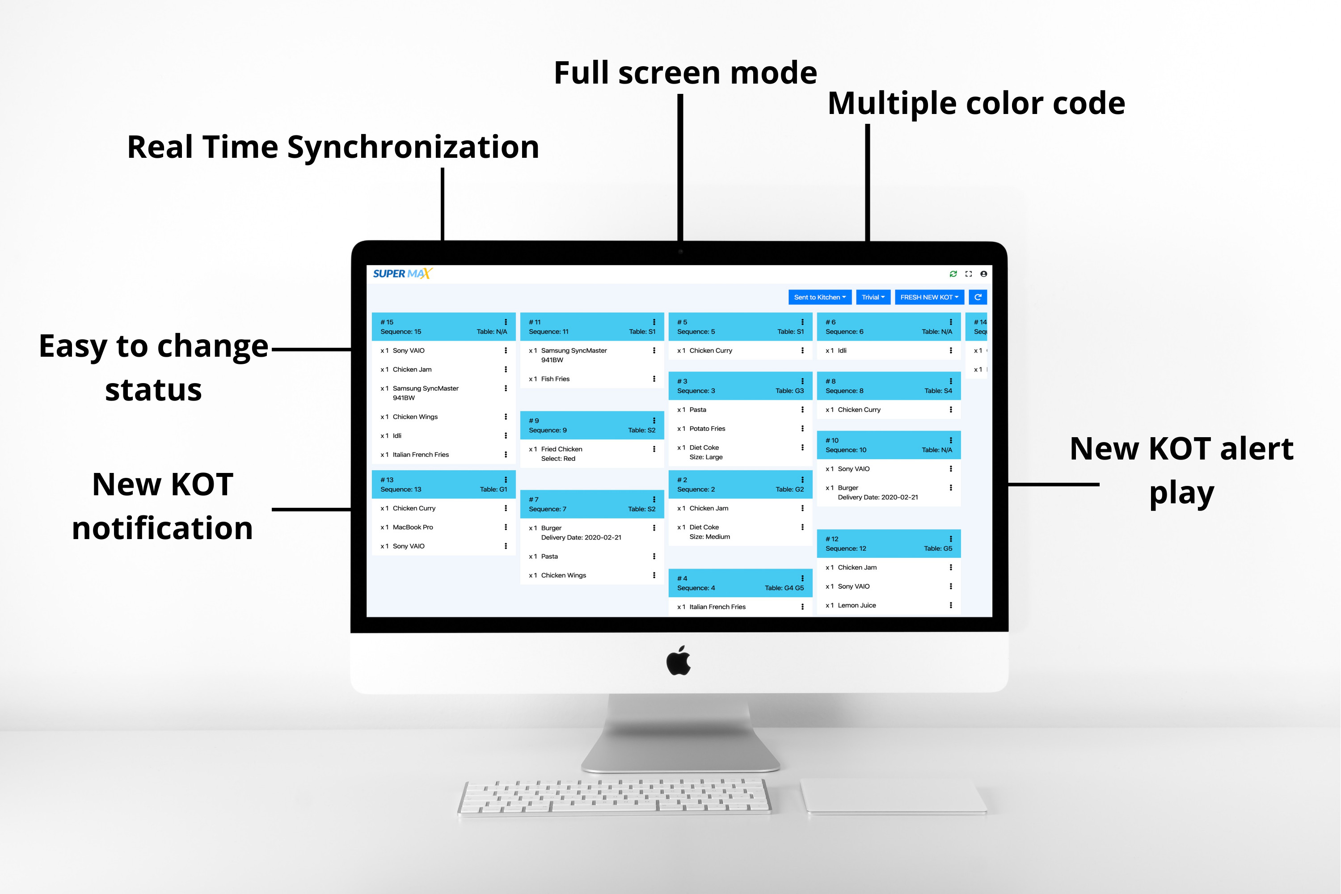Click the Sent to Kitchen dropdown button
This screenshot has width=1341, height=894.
820,297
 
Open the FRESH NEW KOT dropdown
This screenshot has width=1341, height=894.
929,297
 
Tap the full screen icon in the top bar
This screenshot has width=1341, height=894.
969,274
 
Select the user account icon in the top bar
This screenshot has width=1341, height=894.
983,274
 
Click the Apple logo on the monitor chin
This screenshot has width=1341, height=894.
679,660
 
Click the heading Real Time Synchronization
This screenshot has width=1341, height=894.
333,147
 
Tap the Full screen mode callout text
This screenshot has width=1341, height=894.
685,72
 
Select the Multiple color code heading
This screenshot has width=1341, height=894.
976,103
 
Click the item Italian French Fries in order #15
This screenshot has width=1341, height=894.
421,455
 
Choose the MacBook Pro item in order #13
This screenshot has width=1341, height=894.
413,527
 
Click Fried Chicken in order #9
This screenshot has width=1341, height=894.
561,449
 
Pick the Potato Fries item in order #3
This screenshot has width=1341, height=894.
708,429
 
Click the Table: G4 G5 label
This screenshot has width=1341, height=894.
784,588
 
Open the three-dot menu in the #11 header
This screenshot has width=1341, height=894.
654,322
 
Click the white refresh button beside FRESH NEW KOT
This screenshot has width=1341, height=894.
978,297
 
